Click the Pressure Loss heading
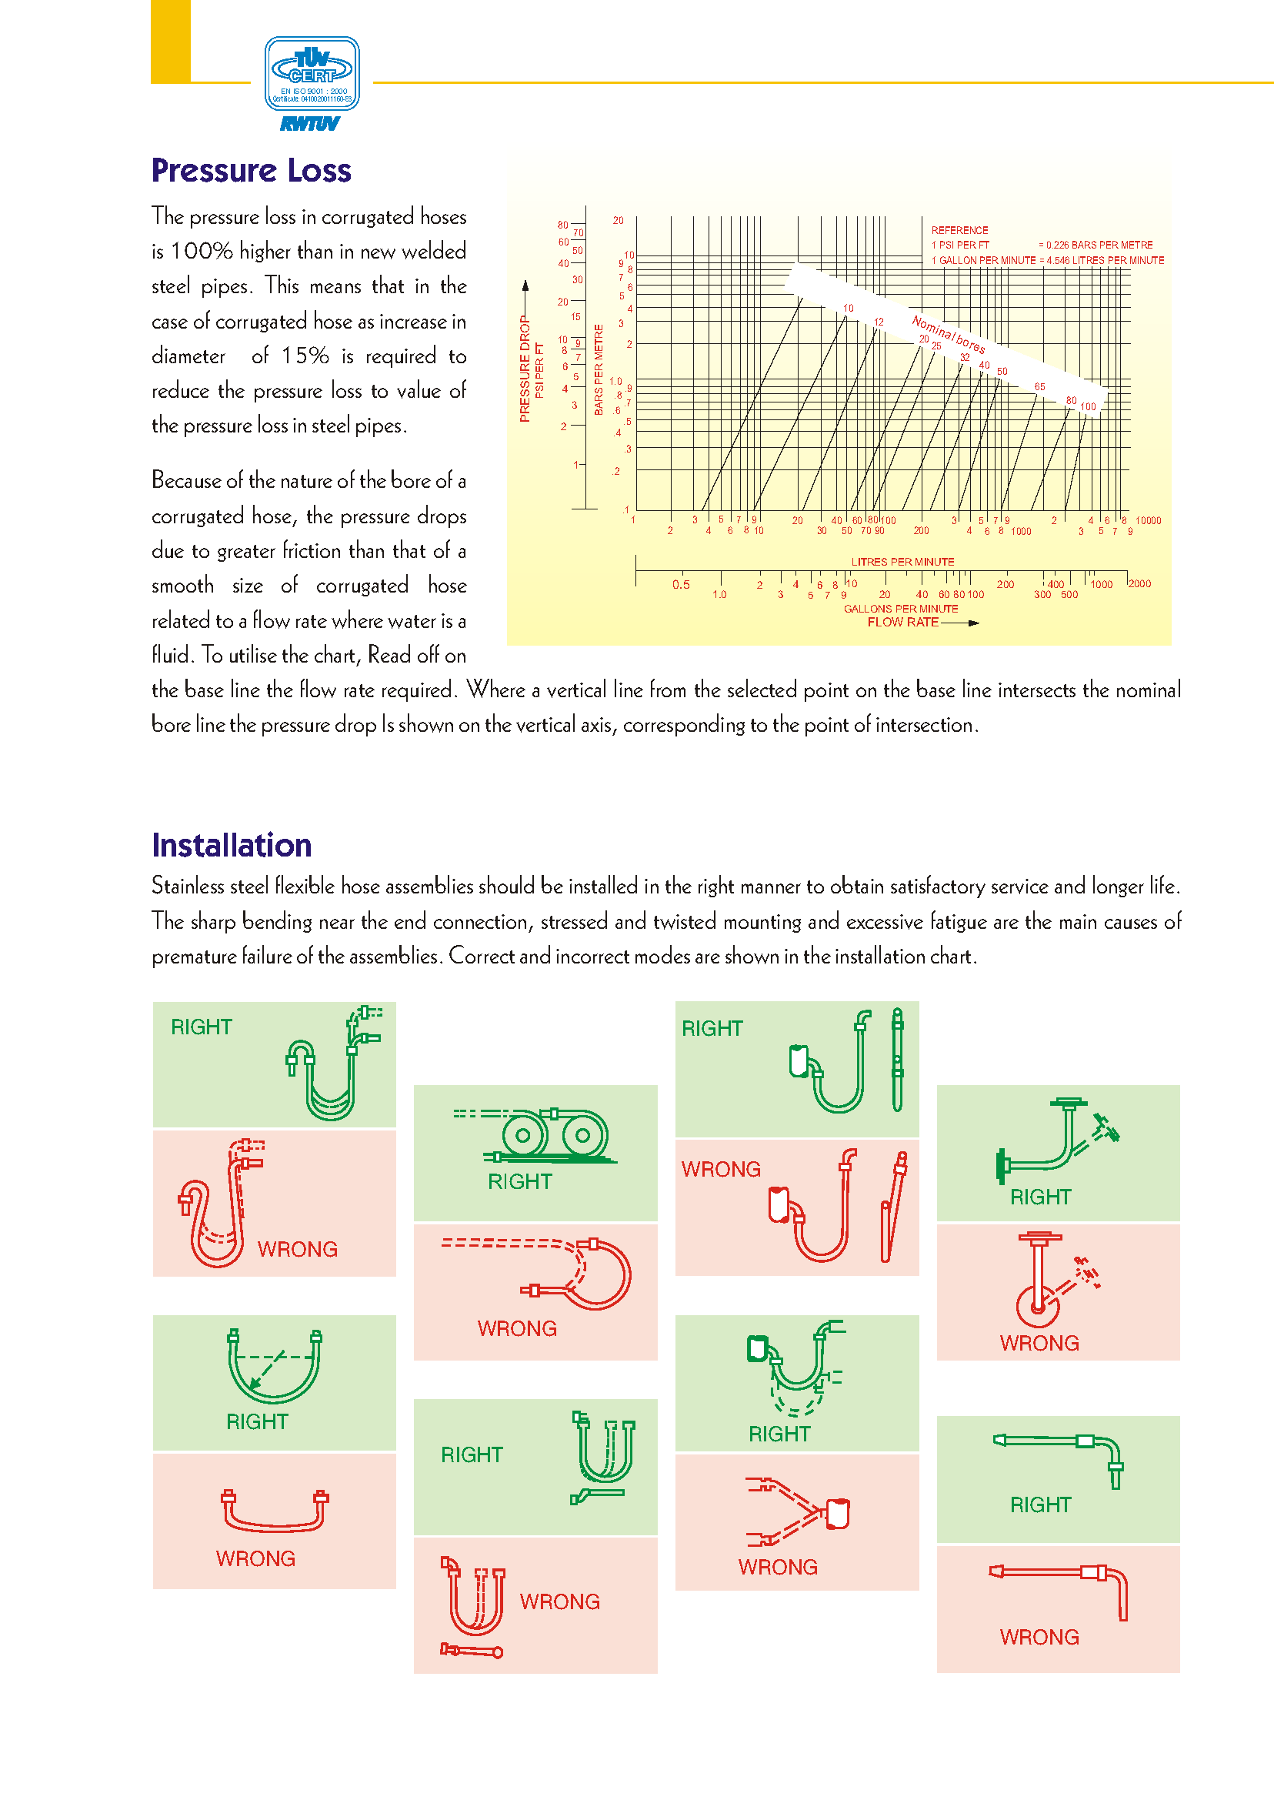[x=251, y=170]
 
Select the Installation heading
[x=232, y=845]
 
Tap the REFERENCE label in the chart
[x=959, y=230]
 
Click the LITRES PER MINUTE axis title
[x=902, y=562]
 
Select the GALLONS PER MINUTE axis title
[x=901, y=609]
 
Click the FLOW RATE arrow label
[x=903, y=623]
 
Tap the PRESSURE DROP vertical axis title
[x=525, y=369]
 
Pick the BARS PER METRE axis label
[x=599, y=369]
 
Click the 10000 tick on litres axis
[x=1148, y=520]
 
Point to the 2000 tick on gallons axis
[x=1139, y=584]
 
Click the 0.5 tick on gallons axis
[x=681, y=585]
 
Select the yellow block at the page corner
[x=170, y=41]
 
